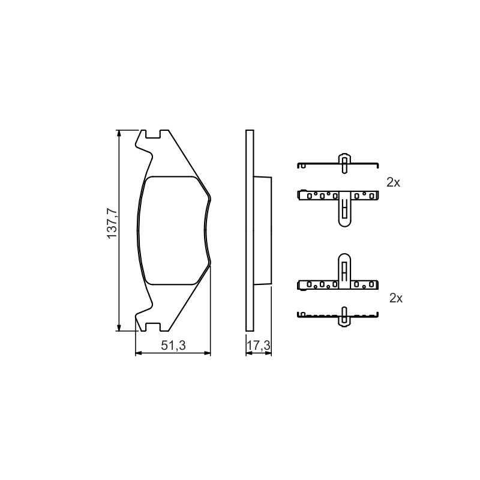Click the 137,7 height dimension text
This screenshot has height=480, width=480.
pyautogui.click(x=112, y=223)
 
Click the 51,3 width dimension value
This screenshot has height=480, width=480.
pyautogui.click(x=173, y=346)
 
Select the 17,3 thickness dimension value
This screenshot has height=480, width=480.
pyautogui.click(x=259, y=346)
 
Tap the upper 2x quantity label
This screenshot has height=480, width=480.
pyautogui.click(x=394, y=182)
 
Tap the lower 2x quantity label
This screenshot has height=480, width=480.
pyautogui.click(x=396, y=298)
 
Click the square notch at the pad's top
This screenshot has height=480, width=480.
pyautogui.click(x=153, y=134)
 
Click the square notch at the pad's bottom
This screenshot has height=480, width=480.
pyautogui.click(x=153, y=327)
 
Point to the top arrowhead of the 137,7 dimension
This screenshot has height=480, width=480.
pyautogui.click(x=119, y=133)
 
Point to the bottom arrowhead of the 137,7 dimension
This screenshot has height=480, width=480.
pyautogui.click(x=119, y=328)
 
